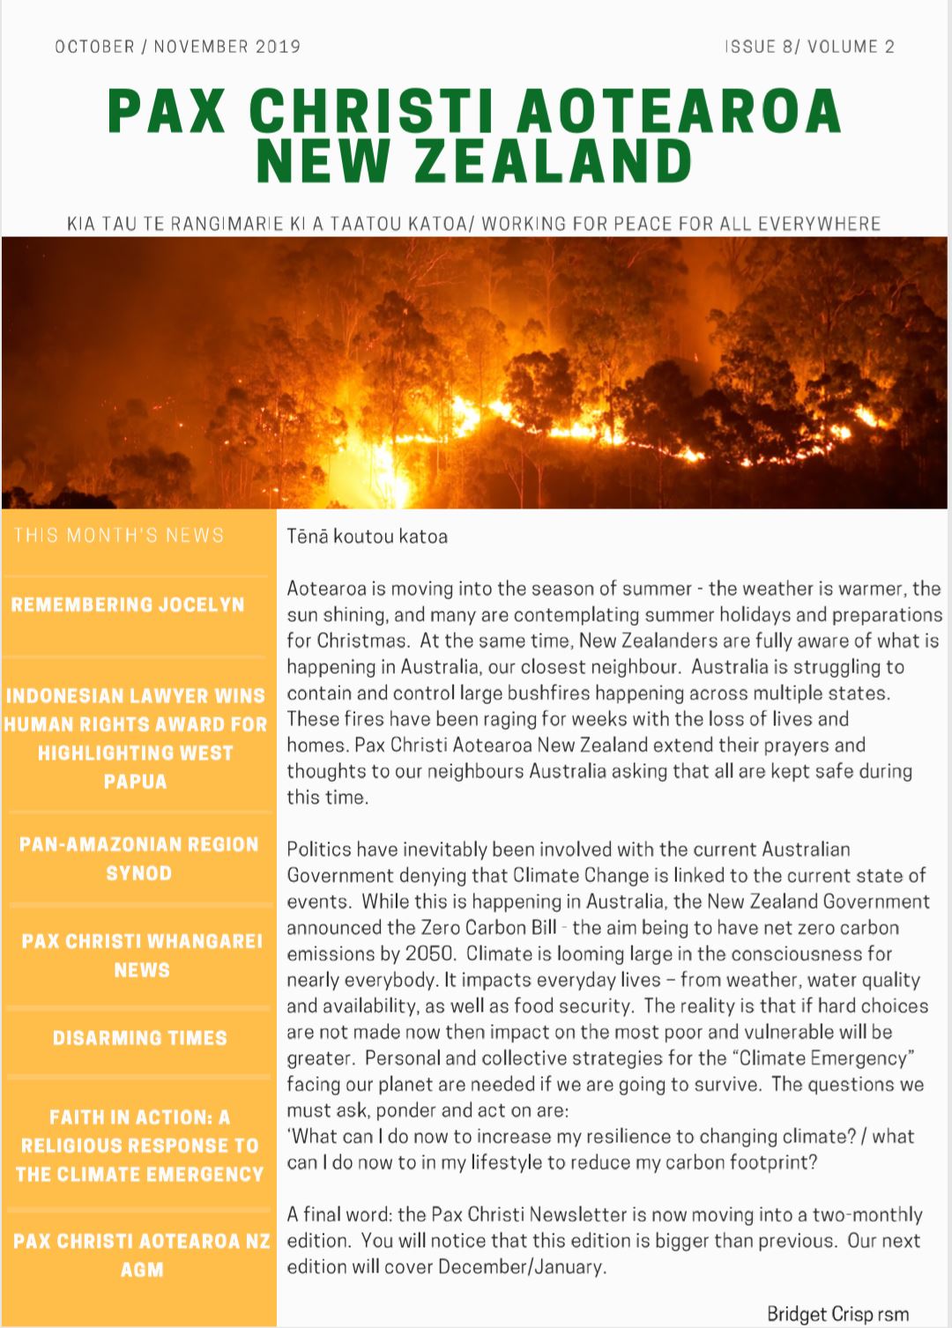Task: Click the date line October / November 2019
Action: coord(177,47)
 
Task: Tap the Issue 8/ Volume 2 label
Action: coord(809,47)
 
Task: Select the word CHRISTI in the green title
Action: coord(370,112)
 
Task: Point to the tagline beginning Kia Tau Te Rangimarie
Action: coord(473,224)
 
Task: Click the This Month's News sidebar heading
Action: coord(119,535)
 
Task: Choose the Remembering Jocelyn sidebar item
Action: coord(128,605)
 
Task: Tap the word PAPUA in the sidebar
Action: coord(135,782)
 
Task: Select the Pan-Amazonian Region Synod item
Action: coord(138,858)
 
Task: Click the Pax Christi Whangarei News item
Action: coord(141,955)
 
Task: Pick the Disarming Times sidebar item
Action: coord(139,1038)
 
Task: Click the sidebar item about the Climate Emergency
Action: coord(139,1146)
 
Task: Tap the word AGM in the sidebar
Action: coord(142,1270)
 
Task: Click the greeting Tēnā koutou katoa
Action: coord(367,536)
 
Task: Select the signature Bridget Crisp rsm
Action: coord(837,1314)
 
